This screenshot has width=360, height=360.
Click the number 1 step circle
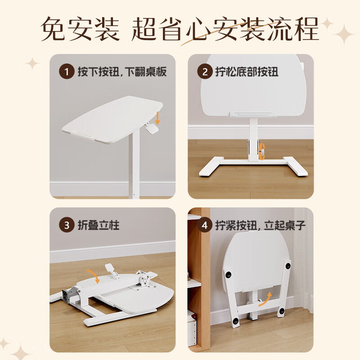pyautogui.click(x=67, y=72)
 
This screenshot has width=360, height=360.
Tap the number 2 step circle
pyautogui.click(x=205, y=72)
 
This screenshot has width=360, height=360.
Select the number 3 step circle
pyautogui.click(x=67, y=225)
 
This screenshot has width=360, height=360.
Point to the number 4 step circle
pyautogui.click(x=205, y=225)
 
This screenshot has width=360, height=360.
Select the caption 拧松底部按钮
pyautogui.click(x=247, y=72)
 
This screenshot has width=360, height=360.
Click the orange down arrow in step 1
pyautogui.click(x=158, y=118)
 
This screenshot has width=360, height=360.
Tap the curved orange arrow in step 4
pyautogui.click(x=266, y=298)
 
